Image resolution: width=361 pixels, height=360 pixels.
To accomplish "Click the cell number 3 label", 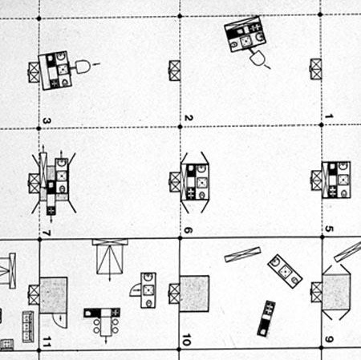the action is [47, 121].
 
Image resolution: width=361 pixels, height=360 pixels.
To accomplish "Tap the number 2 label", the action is [189, 118].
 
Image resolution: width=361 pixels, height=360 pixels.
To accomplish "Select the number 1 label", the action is [329, 116].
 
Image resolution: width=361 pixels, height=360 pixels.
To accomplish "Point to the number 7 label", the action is [47, 233].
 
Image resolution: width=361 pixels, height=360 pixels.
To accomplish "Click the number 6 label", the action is [189, 230].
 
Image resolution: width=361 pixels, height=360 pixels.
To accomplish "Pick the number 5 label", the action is [329, 229].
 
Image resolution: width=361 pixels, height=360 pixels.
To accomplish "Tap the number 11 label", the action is [47, 342].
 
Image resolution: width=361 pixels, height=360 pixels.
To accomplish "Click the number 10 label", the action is [187, 339].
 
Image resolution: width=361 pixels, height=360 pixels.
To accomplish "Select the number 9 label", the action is [329, 339].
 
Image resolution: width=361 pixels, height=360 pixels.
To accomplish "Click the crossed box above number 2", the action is [175, 71].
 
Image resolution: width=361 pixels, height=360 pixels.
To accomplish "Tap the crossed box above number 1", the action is [316, 69].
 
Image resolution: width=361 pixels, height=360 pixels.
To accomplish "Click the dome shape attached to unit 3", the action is [83, 67].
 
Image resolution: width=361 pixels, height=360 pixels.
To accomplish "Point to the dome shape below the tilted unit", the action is [258, 58].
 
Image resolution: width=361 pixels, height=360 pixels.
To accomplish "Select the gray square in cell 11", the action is [54, 295].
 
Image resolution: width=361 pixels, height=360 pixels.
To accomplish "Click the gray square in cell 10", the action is [194, 293].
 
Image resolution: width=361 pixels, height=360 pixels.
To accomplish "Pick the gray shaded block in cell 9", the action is [336, 292].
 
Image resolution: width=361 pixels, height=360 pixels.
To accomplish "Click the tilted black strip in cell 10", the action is [266, 318].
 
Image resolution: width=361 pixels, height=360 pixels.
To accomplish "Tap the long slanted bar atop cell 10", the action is [242, 254].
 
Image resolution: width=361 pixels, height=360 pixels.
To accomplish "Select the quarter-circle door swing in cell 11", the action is [60, 321].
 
